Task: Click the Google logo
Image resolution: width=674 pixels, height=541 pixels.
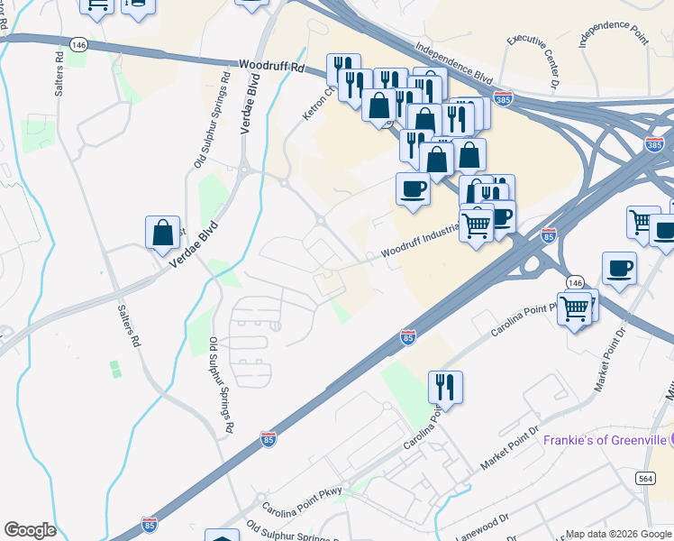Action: pos(31,529)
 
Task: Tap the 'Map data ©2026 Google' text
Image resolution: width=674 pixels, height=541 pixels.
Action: pos(618,534)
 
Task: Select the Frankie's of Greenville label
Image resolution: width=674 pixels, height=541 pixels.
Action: pos(604,440)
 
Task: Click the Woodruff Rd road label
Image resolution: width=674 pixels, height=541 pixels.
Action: pos(269,67)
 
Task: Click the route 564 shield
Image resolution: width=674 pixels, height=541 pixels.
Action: pos(644,478)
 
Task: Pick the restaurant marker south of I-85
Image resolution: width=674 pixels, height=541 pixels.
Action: pos(445,387)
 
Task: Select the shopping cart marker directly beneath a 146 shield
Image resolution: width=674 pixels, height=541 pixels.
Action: pos(576,309)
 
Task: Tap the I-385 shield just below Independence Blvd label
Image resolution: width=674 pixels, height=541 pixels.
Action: pos(505,98)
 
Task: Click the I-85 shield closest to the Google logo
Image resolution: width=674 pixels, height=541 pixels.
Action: pos(150,524)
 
